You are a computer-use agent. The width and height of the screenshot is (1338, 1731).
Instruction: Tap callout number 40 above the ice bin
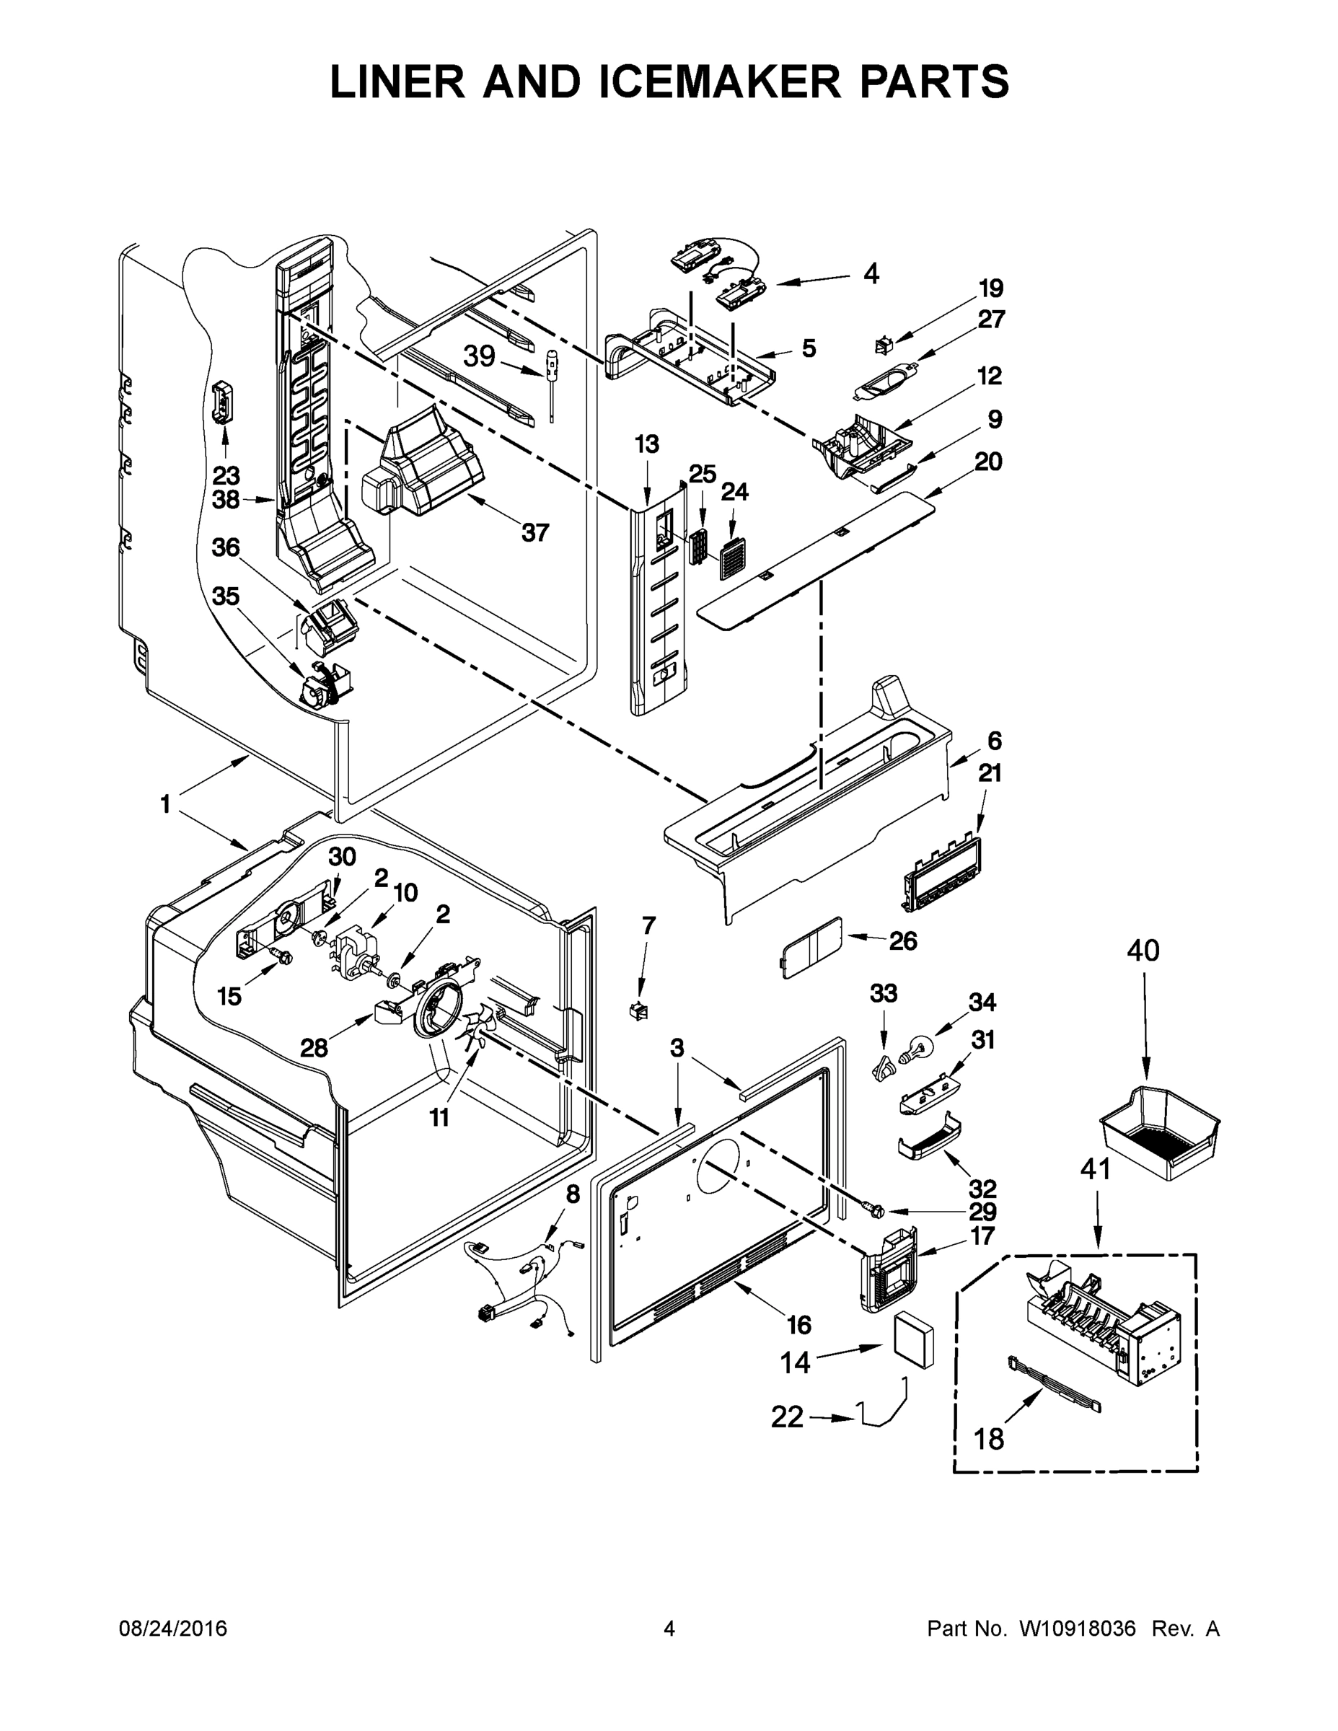click(1143, 949)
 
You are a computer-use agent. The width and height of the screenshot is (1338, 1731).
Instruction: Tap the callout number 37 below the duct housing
click(535, 532)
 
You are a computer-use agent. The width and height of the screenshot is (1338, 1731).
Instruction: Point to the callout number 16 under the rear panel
click(798, 1324)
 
